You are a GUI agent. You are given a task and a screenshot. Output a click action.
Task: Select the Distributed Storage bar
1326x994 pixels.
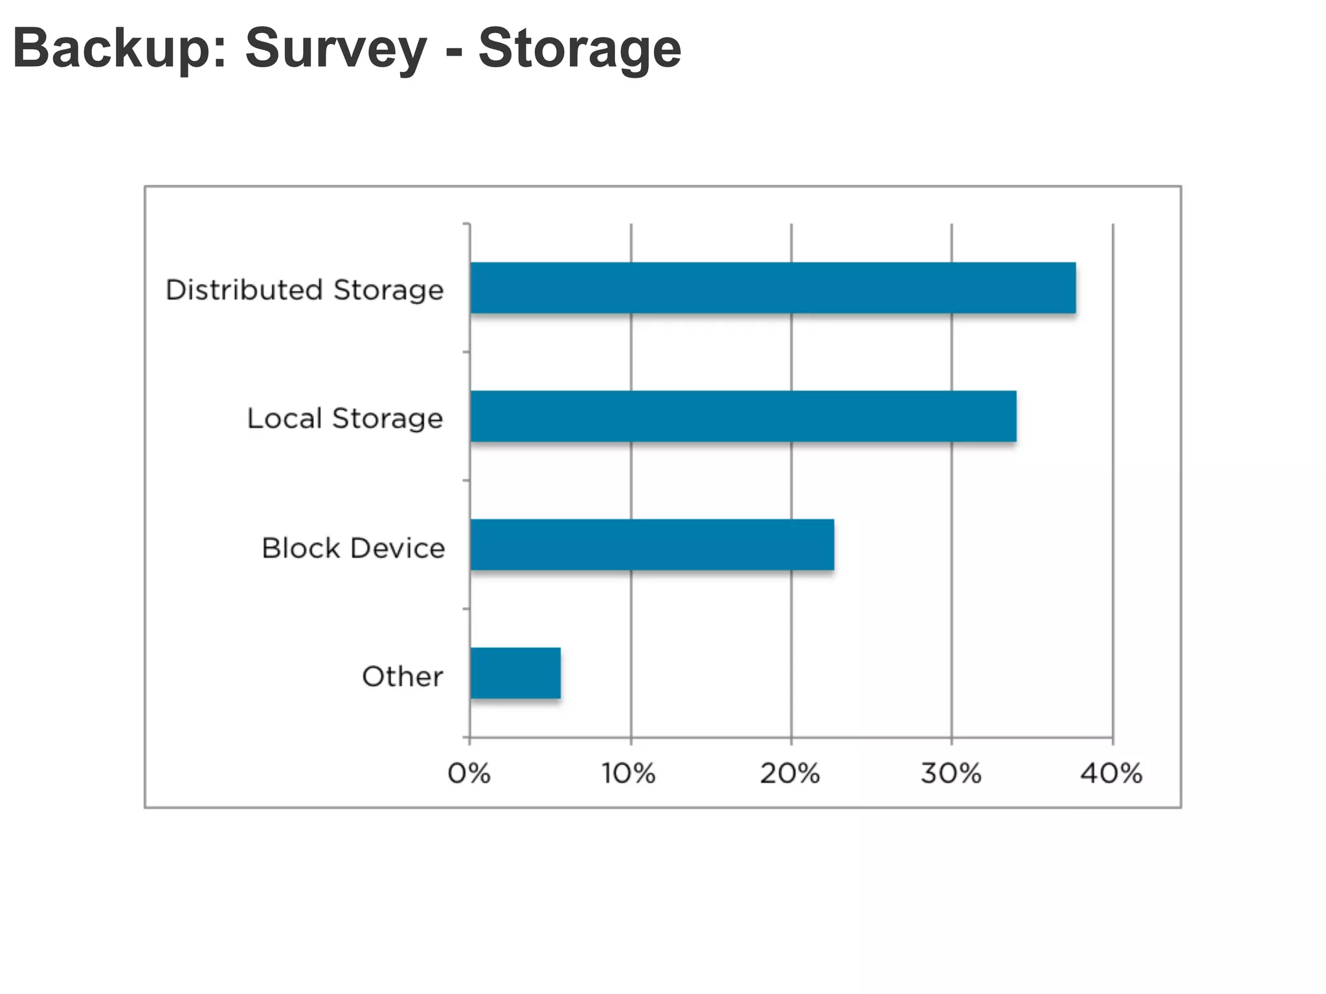pos(772,288)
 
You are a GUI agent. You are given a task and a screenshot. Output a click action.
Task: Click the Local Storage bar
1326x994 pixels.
pos(743,416)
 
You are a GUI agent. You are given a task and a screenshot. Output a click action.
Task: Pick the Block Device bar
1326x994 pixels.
pos(651,545)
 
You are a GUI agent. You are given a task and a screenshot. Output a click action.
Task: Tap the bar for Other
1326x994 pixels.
pos(515,673)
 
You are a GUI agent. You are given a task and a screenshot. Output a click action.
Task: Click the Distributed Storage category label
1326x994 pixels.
pos(304,290)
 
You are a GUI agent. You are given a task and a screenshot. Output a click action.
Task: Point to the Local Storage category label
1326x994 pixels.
pos(345,419)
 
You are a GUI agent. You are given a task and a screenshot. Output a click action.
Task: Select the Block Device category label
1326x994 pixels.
pos(353,548)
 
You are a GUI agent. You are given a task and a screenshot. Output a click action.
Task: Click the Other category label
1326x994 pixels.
pos(402,676)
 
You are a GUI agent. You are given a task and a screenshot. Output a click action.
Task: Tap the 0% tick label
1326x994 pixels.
pos(469,773)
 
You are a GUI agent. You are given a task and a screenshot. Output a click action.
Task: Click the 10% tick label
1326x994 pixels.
pos(628,773)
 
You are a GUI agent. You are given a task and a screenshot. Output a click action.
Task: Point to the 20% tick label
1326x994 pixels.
pos(789,773)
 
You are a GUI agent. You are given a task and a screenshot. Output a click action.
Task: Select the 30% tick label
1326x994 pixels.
pos(950,773)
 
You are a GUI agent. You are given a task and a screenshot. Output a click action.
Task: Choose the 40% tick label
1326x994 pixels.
pos(1111,773)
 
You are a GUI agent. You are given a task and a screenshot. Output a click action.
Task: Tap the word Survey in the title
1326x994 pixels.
pos(336,49)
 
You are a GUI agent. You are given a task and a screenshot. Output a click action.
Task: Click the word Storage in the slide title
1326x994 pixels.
pos(579,49)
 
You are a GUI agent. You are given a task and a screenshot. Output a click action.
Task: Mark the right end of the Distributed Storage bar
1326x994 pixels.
pos(1074,288)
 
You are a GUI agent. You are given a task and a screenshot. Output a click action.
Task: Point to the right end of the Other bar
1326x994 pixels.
pos(559,673)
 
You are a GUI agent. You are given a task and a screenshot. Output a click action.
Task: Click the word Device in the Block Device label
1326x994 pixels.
pos(397,548)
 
